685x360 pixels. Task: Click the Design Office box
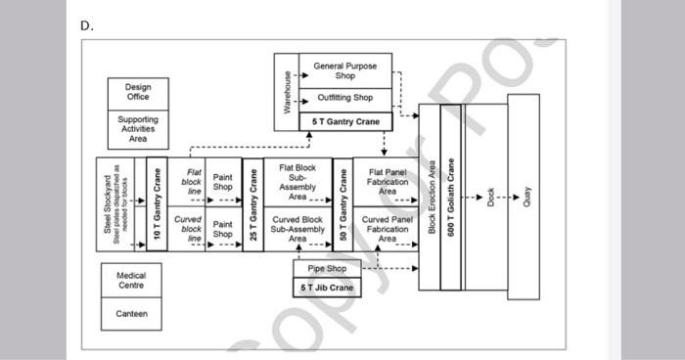[x=137, y=92]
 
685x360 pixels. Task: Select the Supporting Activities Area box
[x=137, y=128]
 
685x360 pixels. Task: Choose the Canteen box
[x=131, y=314]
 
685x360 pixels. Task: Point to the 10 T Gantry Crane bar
[x=158, y=205]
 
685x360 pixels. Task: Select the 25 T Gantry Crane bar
[x=253, y=205]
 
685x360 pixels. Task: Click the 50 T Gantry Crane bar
[x=342, y=205]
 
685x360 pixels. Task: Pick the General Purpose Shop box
[x=344, y=70]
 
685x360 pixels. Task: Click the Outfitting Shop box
[x=344, y=98]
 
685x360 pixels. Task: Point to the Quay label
[x=525, y=196]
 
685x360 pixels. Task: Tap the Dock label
[x=491, y=196]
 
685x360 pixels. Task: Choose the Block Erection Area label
[x=431, y=196]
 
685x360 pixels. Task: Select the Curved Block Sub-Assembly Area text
[x=297, y=229]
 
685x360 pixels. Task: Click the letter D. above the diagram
[x=87, y=26]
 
